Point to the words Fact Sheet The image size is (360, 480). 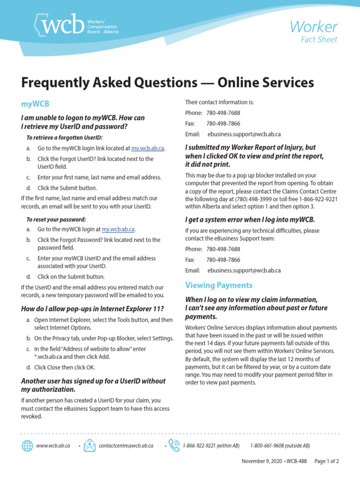click(x=319, y=40)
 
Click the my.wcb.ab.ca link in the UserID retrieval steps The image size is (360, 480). click(x=148, y=148)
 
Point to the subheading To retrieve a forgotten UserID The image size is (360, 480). click(x=64, y=137)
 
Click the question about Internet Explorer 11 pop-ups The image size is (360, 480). click(x=93, y=308)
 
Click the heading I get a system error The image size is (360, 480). click(x=250, y=219)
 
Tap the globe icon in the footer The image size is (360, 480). click(x=27, y=445)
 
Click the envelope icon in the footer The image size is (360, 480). click(x=89, y=445)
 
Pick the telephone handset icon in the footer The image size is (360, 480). click(x=173, y=445)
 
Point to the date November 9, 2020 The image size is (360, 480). click(x=262, y=461)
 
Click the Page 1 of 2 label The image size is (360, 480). click(x=326, y=461)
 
